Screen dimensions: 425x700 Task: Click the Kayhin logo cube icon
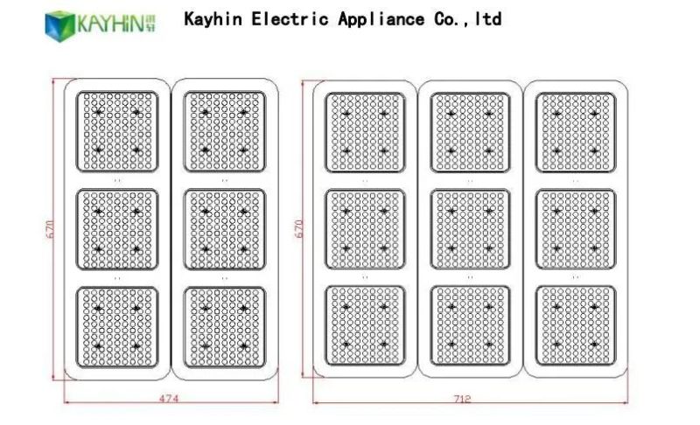(59, 24)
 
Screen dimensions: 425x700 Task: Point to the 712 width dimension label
(463, 399)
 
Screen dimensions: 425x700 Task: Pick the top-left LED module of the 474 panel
(117, 131)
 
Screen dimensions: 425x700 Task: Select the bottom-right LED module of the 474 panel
(224, 327)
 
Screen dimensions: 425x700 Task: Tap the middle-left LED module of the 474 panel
(117, 229)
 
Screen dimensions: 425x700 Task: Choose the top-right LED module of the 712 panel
(575, 132)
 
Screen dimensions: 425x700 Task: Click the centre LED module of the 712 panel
(470, 229)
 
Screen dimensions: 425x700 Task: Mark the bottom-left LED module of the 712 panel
(365, 325)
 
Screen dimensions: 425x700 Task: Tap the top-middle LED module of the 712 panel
(470, 132)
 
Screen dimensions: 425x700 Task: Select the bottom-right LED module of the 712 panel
(575, 325)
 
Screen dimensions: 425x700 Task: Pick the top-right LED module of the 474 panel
(224, 131)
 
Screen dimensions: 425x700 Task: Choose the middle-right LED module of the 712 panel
(575, 229)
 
